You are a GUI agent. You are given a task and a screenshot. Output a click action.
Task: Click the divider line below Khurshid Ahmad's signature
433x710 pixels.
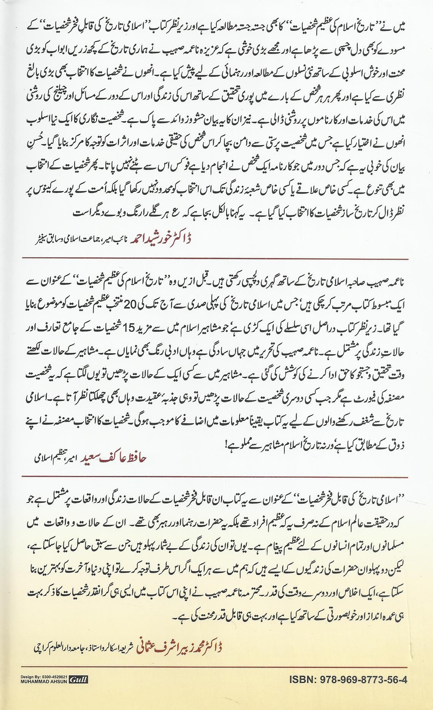[x=216, y=259]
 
